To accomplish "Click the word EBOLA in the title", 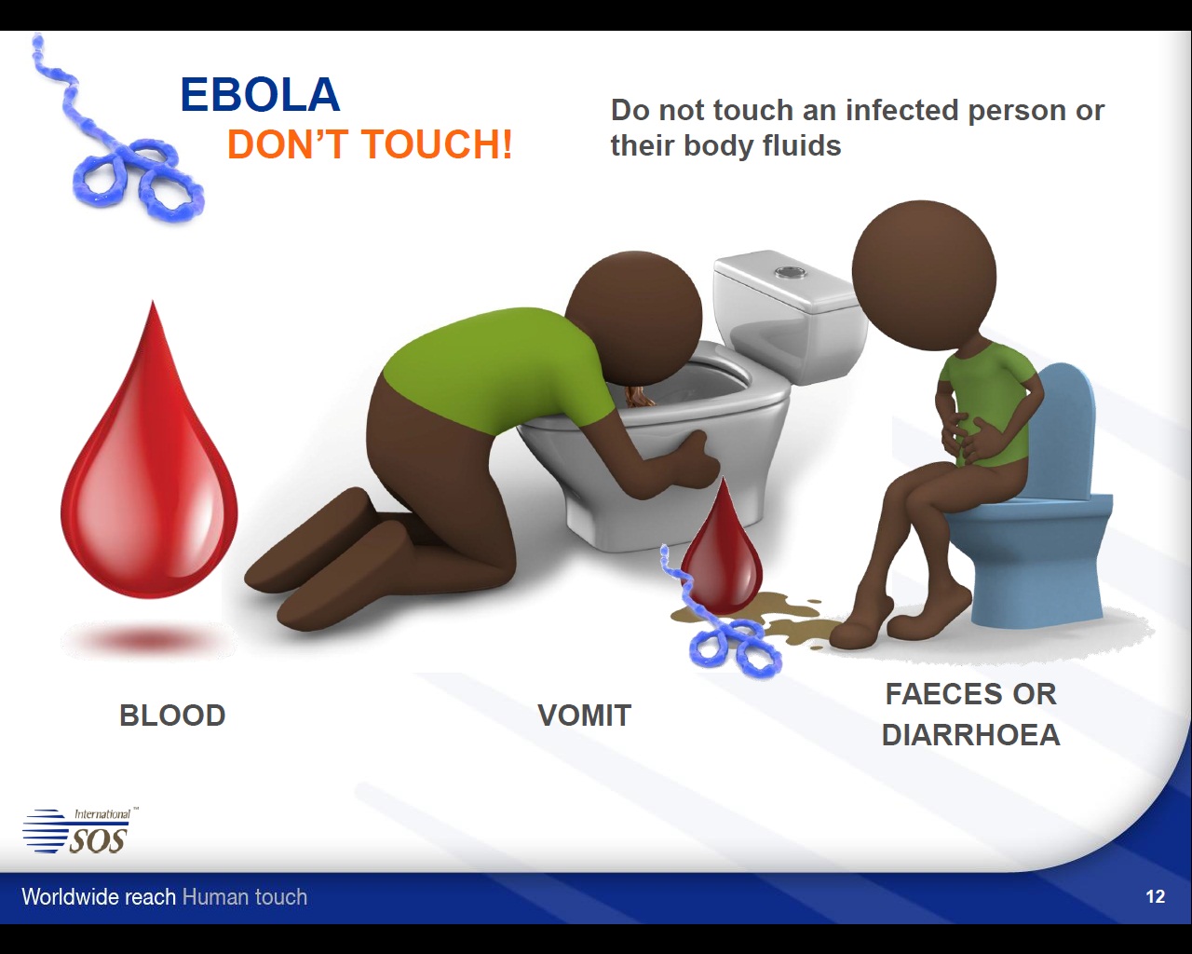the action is [x=260, y=95].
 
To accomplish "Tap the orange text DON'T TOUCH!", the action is [x=370, y=144].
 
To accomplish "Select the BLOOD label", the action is [x=172, y=715].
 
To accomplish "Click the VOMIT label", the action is [x=585, y=715].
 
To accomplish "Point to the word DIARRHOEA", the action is [x=970, y=736].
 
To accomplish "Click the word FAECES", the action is [x=936, y=694].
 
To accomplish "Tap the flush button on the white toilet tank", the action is [x=788, y=272].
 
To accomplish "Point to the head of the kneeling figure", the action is [x=637, y=317].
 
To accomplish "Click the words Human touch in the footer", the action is [x=245, y=897].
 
